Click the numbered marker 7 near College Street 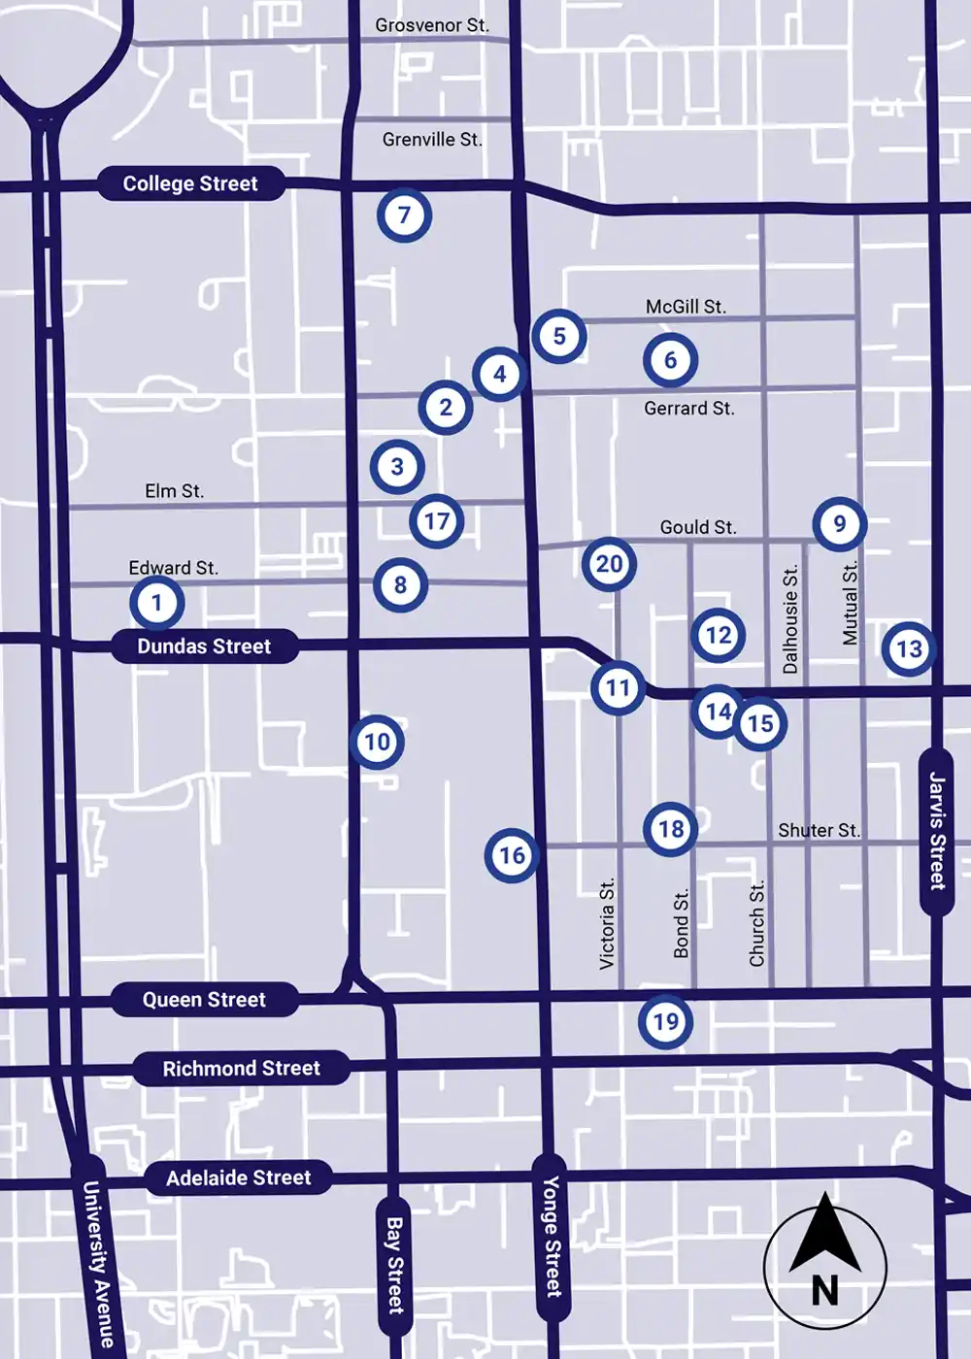coord(404,215)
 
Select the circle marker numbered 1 coord(157,603)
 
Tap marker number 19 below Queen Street coord(665,1021)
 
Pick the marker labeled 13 coord(909,648)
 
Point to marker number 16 coord(512,855)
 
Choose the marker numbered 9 coord(840,524)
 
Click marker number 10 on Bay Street coord(377,743)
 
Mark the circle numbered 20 coord(609,564)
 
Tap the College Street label coord(190,183)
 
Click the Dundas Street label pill coord(204,646)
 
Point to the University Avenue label coord(97,1262)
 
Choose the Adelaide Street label coord(238,1177)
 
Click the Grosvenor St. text coord(432,25)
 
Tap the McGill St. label coord(686,307)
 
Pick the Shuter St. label coord(819,831)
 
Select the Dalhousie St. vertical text coord(790,619)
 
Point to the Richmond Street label coord(241,1069)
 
